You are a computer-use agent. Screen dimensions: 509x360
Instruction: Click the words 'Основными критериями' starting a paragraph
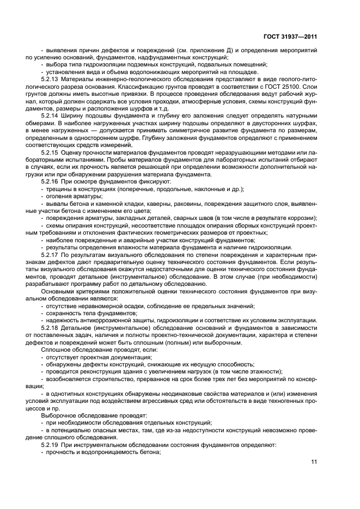(70, 291)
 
